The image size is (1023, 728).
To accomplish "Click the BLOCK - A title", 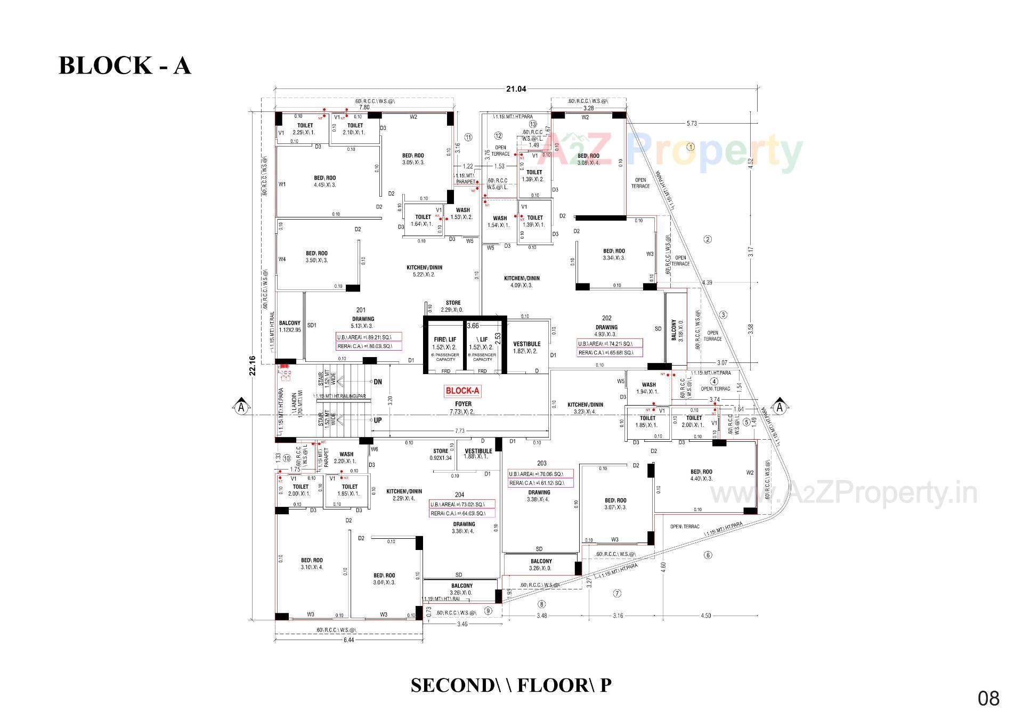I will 124,66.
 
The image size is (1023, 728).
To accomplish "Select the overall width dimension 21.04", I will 516,89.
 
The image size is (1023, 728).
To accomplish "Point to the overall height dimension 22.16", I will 253,366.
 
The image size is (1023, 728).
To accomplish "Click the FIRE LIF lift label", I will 445,339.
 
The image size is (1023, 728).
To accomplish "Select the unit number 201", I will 361,310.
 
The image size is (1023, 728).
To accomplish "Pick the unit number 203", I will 542,463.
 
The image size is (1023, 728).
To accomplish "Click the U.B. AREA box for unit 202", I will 609,344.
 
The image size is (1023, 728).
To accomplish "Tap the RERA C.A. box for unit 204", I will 461,514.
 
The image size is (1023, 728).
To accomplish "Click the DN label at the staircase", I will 378,382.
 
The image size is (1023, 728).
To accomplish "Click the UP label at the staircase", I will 378,420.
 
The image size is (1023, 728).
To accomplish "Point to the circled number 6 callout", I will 708,555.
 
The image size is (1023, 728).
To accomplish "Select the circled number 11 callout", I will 468,137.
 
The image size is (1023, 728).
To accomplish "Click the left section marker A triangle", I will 241,407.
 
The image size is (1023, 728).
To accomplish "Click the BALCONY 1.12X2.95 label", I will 290,326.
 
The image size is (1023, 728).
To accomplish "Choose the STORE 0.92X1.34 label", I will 441,455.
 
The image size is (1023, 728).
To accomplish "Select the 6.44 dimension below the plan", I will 348,640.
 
